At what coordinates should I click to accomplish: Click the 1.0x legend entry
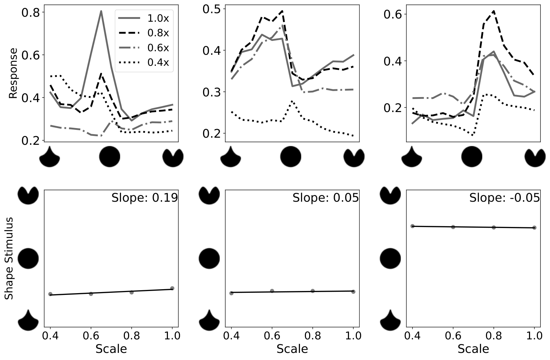[144, 18]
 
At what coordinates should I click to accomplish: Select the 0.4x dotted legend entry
[144, 62]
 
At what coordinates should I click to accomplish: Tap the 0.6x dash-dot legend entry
[144, 48]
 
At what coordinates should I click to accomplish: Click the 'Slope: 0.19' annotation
[145, 198]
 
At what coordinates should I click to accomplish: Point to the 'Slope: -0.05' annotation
[504, 198]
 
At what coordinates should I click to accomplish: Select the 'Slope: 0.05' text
[326, 198]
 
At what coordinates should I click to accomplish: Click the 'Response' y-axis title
[13, 73]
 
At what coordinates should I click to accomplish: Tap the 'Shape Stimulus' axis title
[9, 258]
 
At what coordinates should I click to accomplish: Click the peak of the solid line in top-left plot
[101, 11]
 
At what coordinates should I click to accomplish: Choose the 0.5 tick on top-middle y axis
[212, 9]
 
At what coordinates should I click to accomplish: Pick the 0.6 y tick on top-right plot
[393, 14]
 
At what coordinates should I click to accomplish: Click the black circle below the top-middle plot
[291, 157]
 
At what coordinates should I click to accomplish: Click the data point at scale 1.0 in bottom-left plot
[172, 288]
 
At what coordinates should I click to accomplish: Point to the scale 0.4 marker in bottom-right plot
[413, 226]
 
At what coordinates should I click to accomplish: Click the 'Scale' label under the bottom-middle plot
[292, 349]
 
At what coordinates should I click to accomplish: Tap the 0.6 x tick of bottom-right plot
[453, 335]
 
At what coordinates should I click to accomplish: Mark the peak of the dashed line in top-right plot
[493, 11]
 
